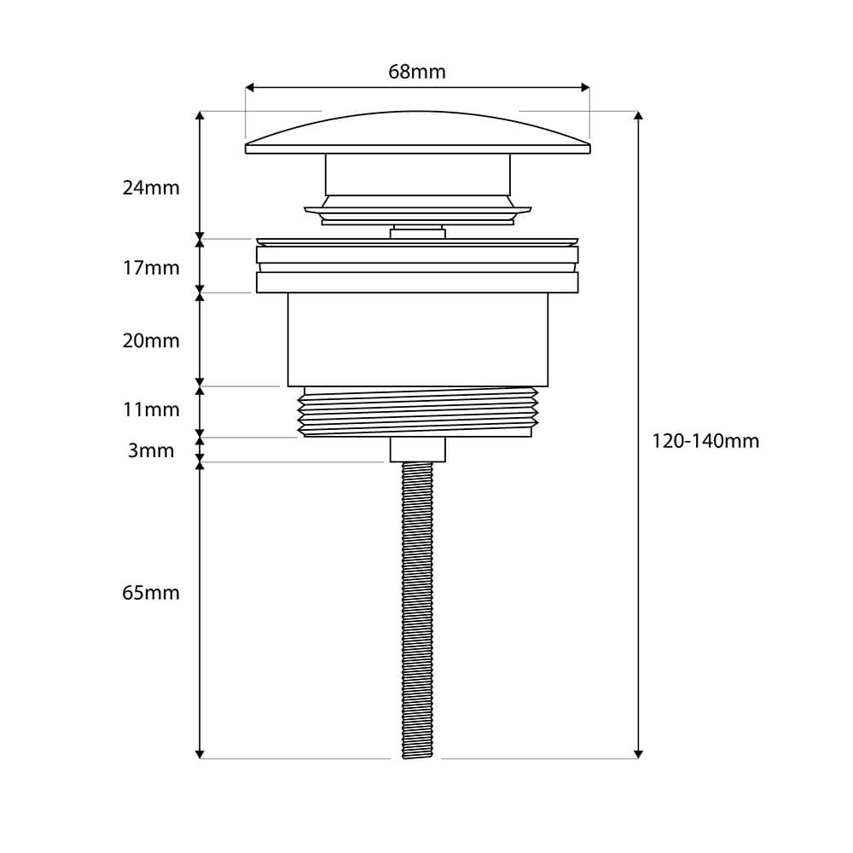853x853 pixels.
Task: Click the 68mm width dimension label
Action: click(x=417, y=72)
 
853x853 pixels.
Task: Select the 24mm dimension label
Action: click(x=151, y=188)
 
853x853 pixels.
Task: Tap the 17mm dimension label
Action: click(x=151, y=268)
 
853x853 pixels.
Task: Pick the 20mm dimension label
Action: click(x=151, y=341)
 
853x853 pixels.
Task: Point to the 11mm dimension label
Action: click(x=151, y=409)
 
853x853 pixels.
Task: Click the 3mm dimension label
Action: click(x=151, y=450)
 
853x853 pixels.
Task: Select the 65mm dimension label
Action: click(x=151, y=593)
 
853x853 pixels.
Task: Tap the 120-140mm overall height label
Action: click(x=705, y=441)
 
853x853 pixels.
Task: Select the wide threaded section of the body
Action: click(x=417, y=411)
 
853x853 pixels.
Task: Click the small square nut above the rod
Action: click(x=417, y=450)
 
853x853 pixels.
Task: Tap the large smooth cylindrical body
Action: click(x=417, y=339)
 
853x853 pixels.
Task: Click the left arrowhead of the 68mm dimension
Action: click(x=250, y=87)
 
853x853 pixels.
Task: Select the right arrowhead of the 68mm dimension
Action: click(x=585, y=87)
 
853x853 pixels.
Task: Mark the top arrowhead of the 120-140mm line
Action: click(x=638, y=115)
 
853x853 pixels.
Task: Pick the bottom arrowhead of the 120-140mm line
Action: click(x=638, y=753)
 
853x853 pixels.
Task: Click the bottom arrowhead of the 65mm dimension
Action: click(x=200, y=753)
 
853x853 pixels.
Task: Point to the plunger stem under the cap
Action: click(x=417, y=174)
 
